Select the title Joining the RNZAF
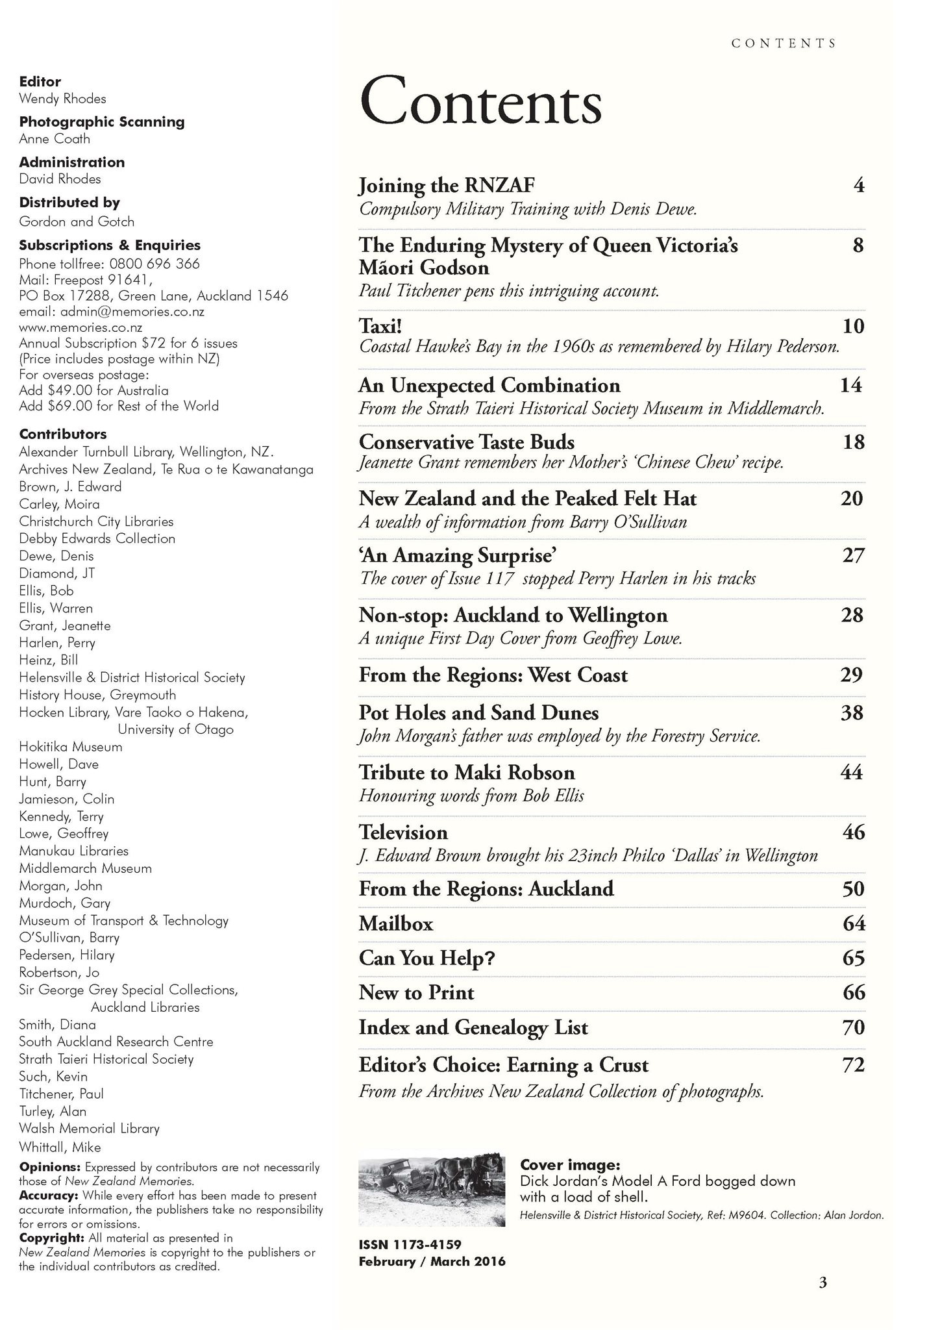pos(447,186)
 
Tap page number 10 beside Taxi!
pos(853,325)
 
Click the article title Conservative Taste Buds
pos(466,442)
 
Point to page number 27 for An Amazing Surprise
pos(853,555)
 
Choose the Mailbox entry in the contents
pos(395,923)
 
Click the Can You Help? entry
pos(427,958)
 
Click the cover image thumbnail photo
pos(432,1192)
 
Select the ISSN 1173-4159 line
pos(410,1245)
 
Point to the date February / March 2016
pos(432,1261)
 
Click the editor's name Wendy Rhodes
pos(62,99)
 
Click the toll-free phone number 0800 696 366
pos(155,264)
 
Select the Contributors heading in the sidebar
pos(63,434)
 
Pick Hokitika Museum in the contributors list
pos(71,747)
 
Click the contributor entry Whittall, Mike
pos(60,1147)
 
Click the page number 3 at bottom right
pos(822,1283)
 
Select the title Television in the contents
pos(403,832)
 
